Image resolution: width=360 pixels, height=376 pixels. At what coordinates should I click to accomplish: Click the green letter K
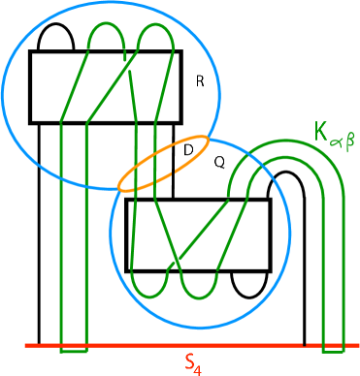click(x=320, y=130)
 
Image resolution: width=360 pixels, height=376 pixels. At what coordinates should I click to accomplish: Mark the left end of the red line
click(x=26, y=345)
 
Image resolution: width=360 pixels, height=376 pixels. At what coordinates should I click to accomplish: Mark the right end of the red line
click(x=359, y=345)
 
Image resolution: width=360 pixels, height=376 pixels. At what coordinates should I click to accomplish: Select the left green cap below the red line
click(x=73, y=349)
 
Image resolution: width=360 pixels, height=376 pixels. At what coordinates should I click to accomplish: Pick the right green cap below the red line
click(x=333, y=349)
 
